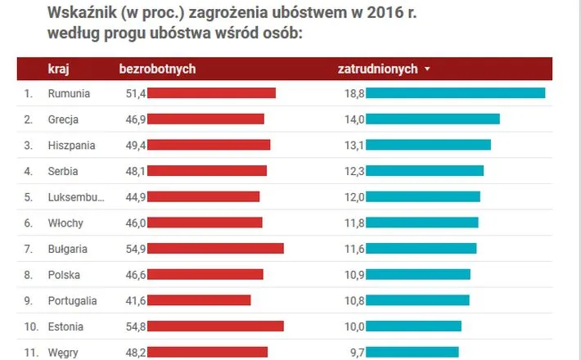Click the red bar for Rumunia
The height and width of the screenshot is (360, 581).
click(x=211, y=93)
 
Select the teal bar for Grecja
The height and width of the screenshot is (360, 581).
click(x=432, y=119)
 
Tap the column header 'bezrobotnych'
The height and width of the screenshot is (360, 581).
click(x=157, y=69)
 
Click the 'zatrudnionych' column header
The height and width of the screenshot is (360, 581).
click(x=378, y=69)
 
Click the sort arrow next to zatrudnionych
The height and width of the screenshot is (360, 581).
click(x=427, y=70)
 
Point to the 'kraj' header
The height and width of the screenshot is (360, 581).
click(x=58, y=69)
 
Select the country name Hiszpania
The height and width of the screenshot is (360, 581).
click(x=72, y=145)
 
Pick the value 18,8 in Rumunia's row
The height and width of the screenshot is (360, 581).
click(x=353, y=93)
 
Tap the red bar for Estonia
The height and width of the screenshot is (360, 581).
click(x=215, y=326)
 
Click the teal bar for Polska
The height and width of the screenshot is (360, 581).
click(x=418, y=274)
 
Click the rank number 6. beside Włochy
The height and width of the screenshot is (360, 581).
click(x=28, y=223)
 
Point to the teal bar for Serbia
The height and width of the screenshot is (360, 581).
click(x=425, y=171)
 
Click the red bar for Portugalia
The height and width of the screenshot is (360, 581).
click(x=199, y=300)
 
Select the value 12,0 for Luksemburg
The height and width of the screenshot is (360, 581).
click(x=353, y=196)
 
